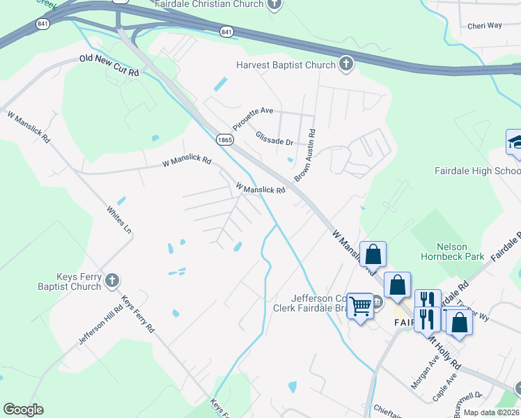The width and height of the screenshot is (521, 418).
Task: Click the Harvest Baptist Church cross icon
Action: click(345, 65)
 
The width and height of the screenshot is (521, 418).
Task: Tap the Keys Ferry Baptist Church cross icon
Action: click(111, 281)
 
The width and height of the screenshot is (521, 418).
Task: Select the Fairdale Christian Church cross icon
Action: click(275, 5)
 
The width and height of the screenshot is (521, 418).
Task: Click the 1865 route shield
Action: click(224, 139)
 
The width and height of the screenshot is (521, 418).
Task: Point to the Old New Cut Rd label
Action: click(109, 66)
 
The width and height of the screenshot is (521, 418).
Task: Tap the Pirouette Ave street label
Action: click(254, 115)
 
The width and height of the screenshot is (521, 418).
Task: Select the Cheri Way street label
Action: click(485, 25)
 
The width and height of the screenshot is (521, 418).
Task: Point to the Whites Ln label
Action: click(118, 219)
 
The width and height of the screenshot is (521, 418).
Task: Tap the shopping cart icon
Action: click(360, 305)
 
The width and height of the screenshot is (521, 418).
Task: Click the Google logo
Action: click(23, 410)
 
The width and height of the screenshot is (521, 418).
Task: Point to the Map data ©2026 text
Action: click(491, 412)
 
